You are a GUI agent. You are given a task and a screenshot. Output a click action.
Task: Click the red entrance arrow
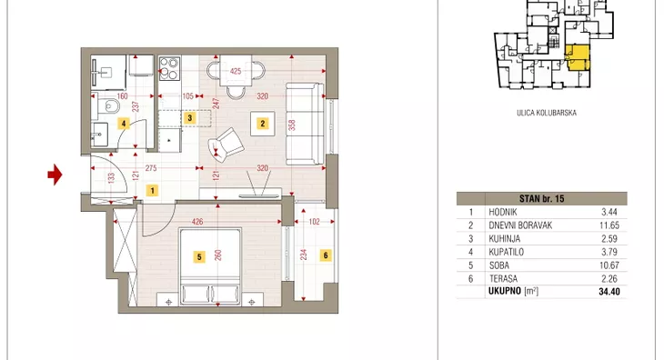pos(55,175)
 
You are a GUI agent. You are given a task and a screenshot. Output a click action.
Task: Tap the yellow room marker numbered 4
pos(124,124)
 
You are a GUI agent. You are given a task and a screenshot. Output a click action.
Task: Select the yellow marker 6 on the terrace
pos(326,255)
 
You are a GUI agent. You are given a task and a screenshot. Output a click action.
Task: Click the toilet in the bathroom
pos(107,105)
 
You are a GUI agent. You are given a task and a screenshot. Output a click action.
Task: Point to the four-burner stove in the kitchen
pos(169,68)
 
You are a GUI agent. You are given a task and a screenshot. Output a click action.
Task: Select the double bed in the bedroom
pos(210,266)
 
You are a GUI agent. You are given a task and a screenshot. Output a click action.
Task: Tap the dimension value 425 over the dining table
pos(236,71)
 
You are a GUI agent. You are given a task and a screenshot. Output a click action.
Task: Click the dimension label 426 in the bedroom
pos(197,221)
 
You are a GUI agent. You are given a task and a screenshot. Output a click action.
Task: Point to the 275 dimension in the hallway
pos(151,168)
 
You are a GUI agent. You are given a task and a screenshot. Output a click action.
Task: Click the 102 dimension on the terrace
pos(314,221)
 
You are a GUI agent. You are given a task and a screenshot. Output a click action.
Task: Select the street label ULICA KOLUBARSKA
pos(547,113)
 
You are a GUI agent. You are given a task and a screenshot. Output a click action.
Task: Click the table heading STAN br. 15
pos(541,198)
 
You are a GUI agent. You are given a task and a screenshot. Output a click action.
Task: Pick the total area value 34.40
pos(609,292)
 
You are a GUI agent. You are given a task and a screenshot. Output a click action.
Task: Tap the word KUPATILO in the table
pos(506,252)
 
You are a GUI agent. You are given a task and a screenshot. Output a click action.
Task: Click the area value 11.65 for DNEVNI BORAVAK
pos(609,225)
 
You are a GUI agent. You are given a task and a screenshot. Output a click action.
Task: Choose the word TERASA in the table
pos(503,279)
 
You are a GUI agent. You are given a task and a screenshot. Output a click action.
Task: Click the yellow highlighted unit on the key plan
pos(578,58)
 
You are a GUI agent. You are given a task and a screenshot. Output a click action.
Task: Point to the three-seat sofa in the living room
pos(305,124)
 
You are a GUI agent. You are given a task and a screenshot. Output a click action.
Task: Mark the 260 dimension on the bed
pos(218,255)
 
